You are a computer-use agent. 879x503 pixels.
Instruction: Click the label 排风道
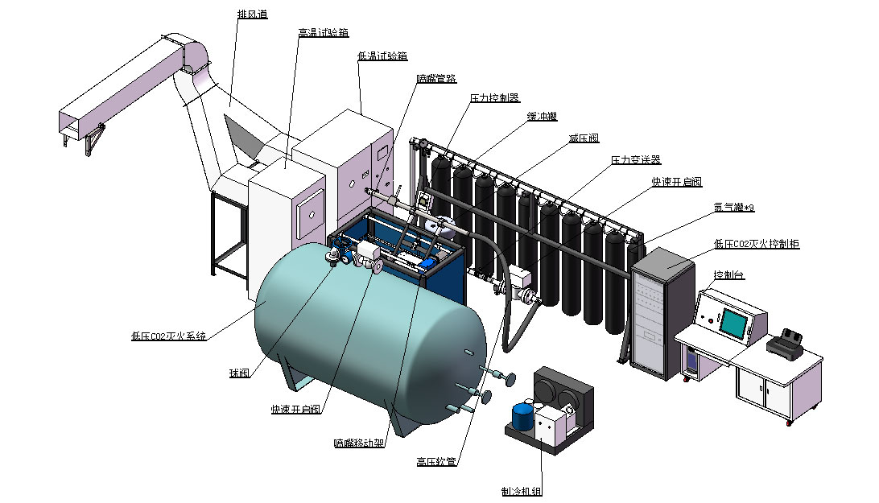pyautogui.click(x=253, y=14)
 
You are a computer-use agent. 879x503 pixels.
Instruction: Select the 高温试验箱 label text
pyautogui.click(x=322, y=33)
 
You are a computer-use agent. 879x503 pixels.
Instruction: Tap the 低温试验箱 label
pyautogui.click(x=382, y=56)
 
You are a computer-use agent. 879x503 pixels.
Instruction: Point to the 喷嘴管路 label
pyautogui.click(x=436, y=78)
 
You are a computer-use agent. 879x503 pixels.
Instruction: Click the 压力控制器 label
pyautogui.click(x=494, y=97)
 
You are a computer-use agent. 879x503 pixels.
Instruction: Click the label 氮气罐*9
pyautogui.click(x=733, y=208)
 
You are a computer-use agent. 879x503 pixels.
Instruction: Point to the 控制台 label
pyautogui.click(x=728, y=275)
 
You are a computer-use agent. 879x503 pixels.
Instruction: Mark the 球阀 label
pyautogui.click(x=239, y=373)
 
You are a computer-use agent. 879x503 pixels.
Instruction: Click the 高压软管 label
pyautogui.click(x=436, y=462)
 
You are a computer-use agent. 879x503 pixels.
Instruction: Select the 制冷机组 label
pyautogui.click(x=521, y=491)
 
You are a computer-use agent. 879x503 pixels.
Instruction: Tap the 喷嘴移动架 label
pyautogui.click(x=358, y=443)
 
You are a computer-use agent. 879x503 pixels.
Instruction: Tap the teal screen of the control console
pyautogui.click(x=733, y=322)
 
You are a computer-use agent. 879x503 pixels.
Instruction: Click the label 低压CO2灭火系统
pyautogui.click(x=168, y=336)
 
